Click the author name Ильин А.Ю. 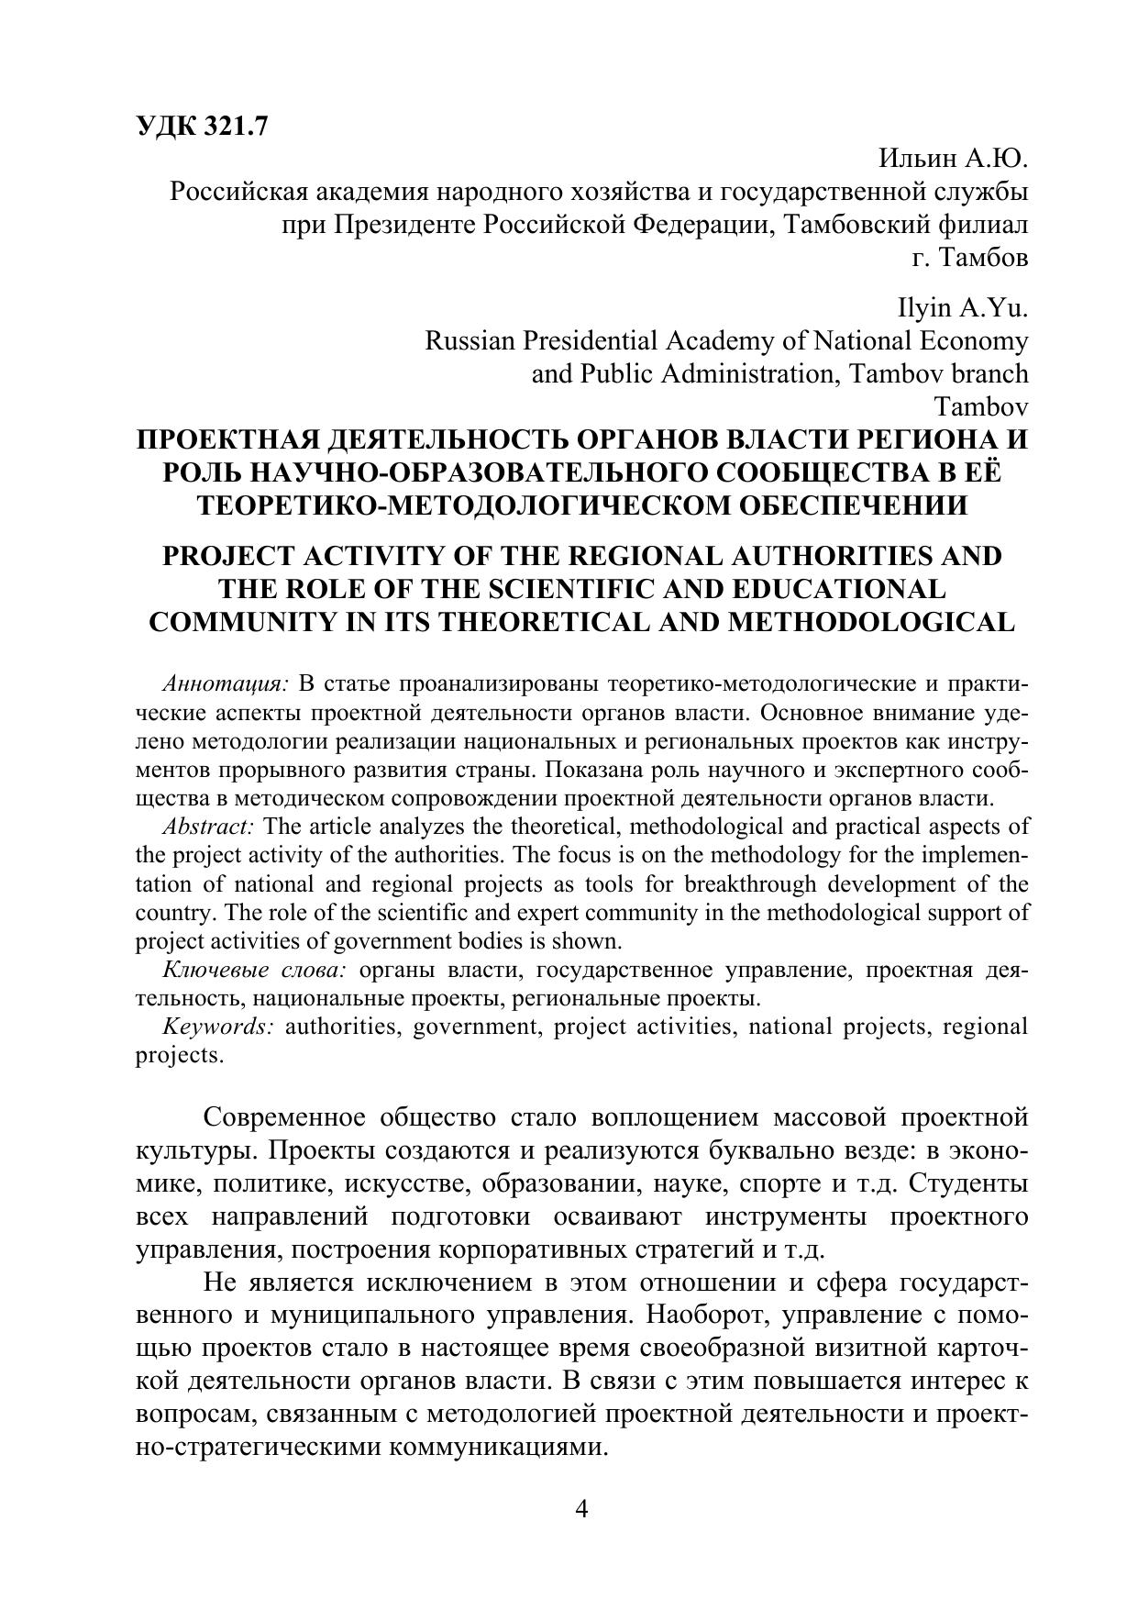pyautogui.click(x=954, y=160)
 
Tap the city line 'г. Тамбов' pyautogui.click(x=970, y=258)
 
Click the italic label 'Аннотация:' pyautogui.click(x=226, y=684)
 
